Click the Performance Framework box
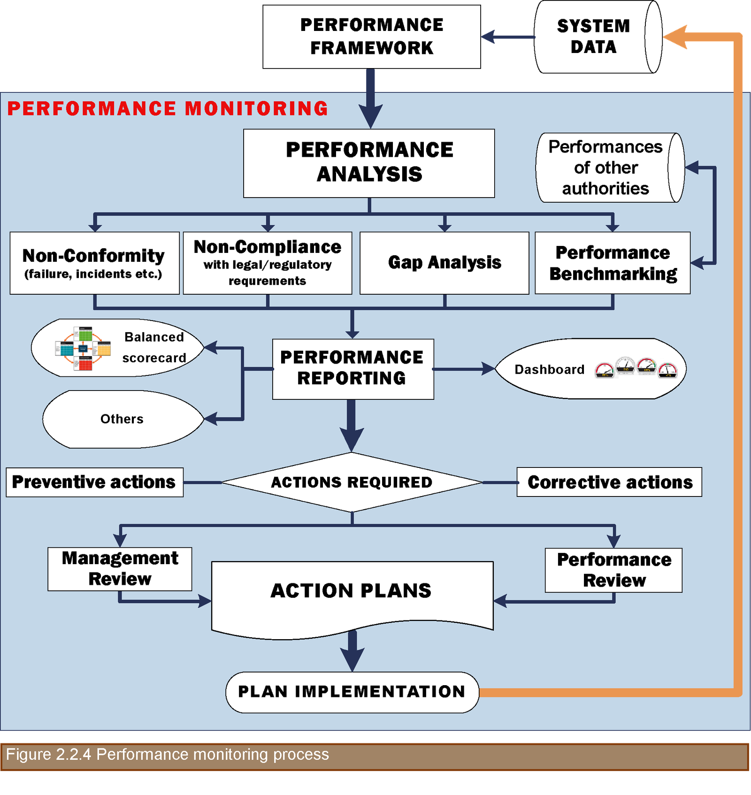(371, 37)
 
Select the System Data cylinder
(594, 37)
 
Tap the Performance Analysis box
(369, 163)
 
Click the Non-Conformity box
(94, 263)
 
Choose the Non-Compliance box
(268, 263)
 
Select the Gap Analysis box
(444, 263)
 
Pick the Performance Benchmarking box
(613, 263)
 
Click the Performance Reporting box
(353, 369)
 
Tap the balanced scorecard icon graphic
(83, 348)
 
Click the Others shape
(122, 419)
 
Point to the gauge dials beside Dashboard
(636, 368)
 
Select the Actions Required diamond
(352, 482)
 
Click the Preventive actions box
(94, 482)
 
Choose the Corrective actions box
(609, 482)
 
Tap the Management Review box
(120, 569)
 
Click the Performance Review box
(613, 570)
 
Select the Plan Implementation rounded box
(352, 692)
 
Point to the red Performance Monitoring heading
(168, 108)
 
